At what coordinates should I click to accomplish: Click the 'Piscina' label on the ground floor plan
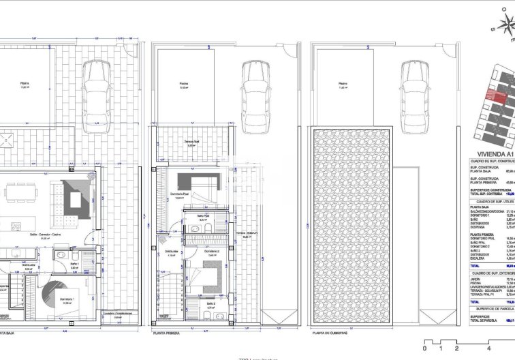(25, 85)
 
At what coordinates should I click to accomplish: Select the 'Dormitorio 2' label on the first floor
(212, 271)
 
